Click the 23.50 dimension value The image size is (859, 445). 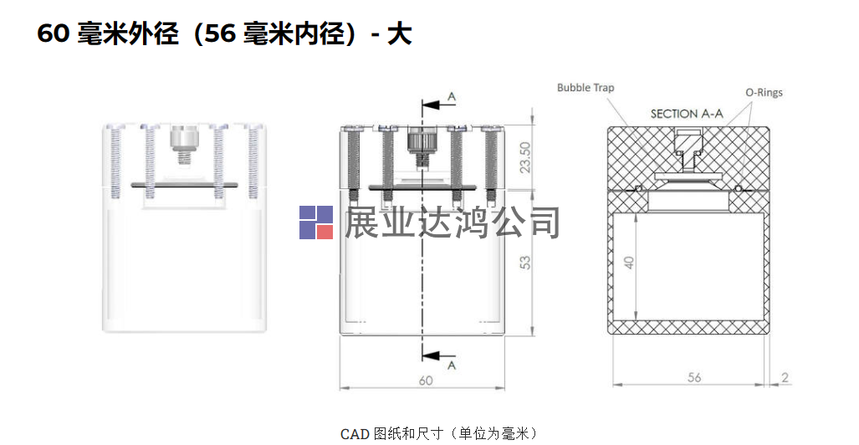(525, 156)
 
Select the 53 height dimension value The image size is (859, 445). (525, 262)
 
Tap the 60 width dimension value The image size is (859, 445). (426, 381)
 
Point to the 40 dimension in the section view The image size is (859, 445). (630, 263)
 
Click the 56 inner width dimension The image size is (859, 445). (694, 377)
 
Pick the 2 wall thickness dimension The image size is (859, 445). (785, 377)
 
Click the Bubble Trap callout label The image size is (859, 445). (585, 88)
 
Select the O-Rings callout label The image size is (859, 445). (764, 92)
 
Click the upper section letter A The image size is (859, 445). (452, 98)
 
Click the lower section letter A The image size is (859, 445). (452, 366)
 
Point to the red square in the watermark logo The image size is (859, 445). (325, 230)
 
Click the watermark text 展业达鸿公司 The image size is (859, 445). (453, 222)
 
